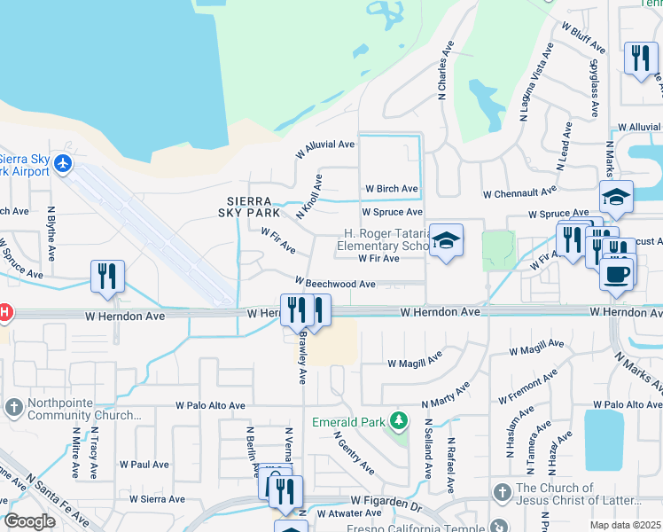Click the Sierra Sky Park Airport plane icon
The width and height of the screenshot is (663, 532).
(62, 164)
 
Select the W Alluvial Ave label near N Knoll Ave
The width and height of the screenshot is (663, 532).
(324, 144)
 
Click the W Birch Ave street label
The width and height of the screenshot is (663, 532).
(391, 189)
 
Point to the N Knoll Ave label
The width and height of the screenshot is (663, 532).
(309, 197)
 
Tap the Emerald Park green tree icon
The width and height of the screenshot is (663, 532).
(400, 419)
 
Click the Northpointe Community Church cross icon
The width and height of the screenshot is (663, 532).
(13, 406)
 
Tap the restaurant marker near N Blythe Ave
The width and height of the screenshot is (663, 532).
(107, 276)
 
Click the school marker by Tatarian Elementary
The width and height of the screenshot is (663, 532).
(447, 241)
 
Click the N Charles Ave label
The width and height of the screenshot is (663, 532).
(441, 70)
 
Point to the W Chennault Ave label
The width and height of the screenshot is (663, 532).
(519, 192)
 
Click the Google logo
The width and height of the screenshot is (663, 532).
(29, 521)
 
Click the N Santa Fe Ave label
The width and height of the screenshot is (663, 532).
(57, 500)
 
